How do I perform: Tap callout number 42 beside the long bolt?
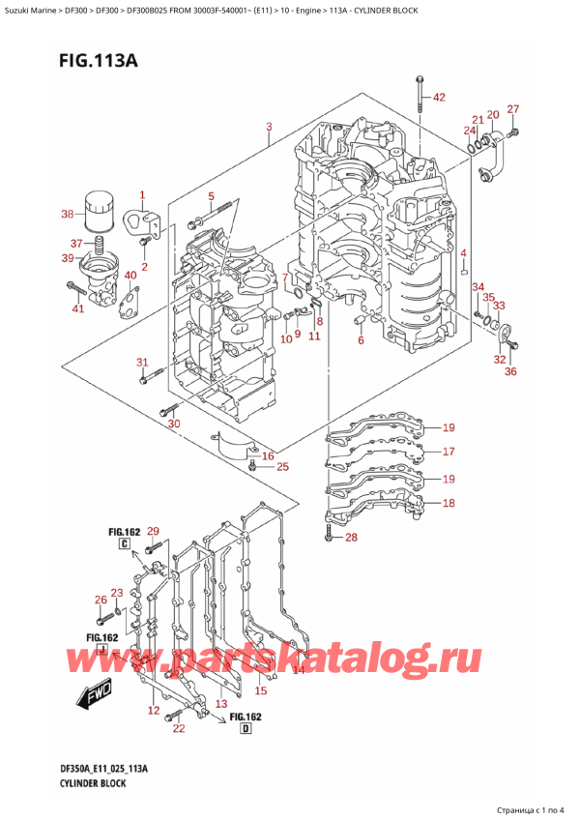coord(440,98)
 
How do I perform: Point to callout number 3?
coord(268,127)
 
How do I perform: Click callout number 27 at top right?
coord(513,109)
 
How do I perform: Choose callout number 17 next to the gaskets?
coord(448,452)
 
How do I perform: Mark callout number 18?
coord(448,503)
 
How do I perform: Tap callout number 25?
coord(282,468)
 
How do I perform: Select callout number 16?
coord(268,456)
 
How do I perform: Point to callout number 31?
coord(142,363)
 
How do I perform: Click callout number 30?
coord(174,424)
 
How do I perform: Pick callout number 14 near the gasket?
coord(299,669)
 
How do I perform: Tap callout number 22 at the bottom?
coord(177,728)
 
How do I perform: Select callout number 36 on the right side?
coord(510,370)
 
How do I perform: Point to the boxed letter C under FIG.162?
coord(126,544)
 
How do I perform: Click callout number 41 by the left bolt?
coord(79,309)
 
